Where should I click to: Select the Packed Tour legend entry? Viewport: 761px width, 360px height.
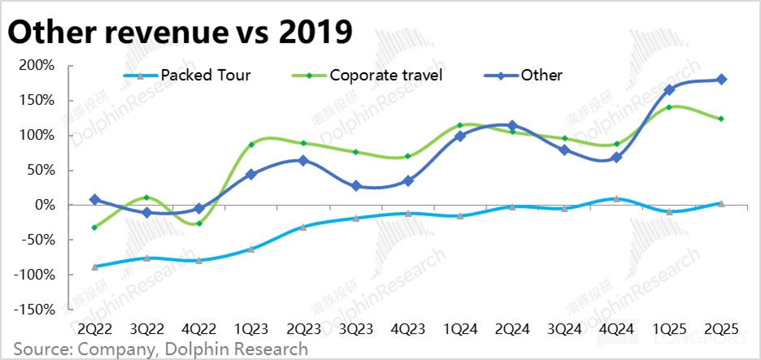pos(206,76)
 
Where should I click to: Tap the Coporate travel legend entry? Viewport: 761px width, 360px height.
pos(386,76)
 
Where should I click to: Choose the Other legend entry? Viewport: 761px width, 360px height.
pos(541,76)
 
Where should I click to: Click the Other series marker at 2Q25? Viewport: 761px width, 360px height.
pos(721,80)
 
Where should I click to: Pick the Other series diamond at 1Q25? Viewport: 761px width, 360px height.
pos(669,89)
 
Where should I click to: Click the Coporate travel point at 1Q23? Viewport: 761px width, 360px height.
pos(251,145)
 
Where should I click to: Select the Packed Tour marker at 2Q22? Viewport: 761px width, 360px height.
pos(95,267)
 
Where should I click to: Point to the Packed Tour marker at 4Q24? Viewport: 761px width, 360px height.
pos(617,198)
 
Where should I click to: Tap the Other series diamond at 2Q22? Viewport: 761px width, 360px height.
pos(95,199)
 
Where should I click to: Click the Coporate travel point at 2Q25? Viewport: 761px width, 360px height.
pos(721,119)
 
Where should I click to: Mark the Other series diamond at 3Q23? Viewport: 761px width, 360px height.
pos(356,186)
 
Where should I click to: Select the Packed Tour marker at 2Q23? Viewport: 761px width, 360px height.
pos(303,227)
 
